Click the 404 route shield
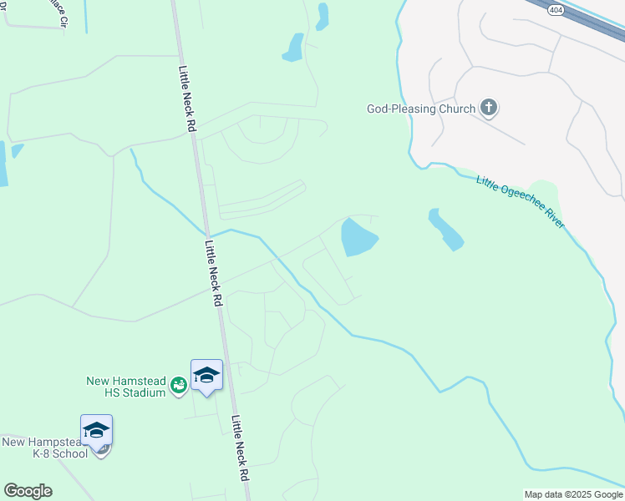(x=556, y=10)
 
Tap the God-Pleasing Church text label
(x=421, y=109)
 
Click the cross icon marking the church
(x=489, y=108)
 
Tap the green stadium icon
(x=178, y=385)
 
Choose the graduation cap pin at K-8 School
(x=96, y=431)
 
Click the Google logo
(x=28, y=491)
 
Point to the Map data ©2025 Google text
(x=573, y=494)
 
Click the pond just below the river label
(x=445, y=229)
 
